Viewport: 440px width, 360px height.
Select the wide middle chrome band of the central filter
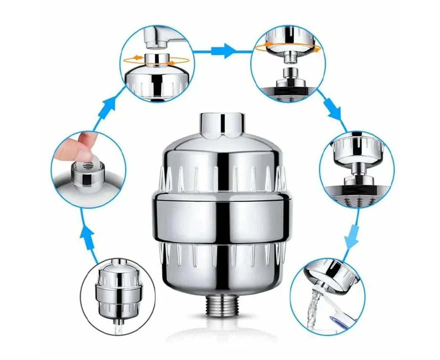(221, 216)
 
